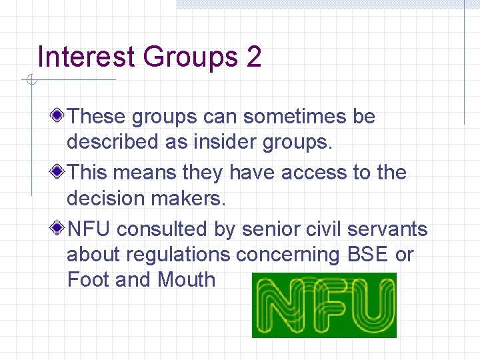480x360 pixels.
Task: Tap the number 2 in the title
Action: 253,57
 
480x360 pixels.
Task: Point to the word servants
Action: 393,229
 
